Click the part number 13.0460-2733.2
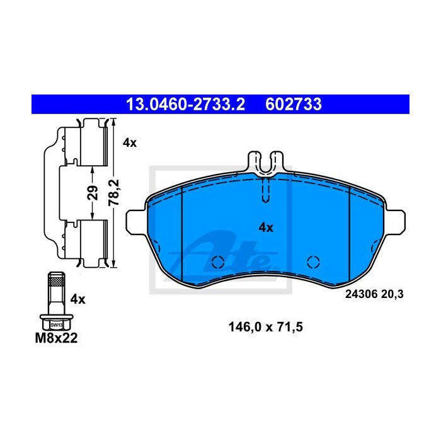pyautogui.click(x=186, y=105)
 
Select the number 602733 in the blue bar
pyautogui.click(x=294, y=105)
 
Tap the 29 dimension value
pyautogui.click(x=93, y=193)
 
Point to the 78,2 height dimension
pyautogui.click(x=114, y=193)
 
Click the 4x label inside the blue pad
pyautogui.click(x=266, y=227)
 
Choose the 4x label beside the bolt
pyautogui.click(x=77, y=299)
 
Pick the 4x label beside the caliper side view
pyautogui.click(x=130, y=143)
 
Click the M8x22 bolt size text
pyautogui.click(x=56, y=338)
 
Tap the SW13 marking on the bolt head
pyautogui.click(x=56, y=325)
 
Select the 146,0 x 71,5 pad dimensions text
pyautogui.click(x=265, y=327)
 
